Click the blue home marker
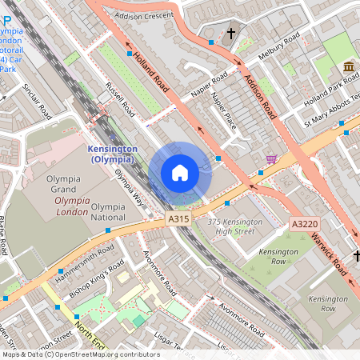pos(180,173)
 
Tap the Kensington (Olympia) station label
pos(112,154)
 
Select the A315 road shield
pos(178,218)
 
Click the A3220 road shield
pos(304,224)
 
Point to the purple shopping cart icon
pos(272,159)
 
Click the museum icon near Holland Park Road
pos(349,66)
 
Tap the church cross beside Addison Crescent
pos(232,34)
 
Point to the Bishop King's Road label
pos(98,276)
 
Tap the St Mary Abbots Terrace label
pos(328,113)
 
